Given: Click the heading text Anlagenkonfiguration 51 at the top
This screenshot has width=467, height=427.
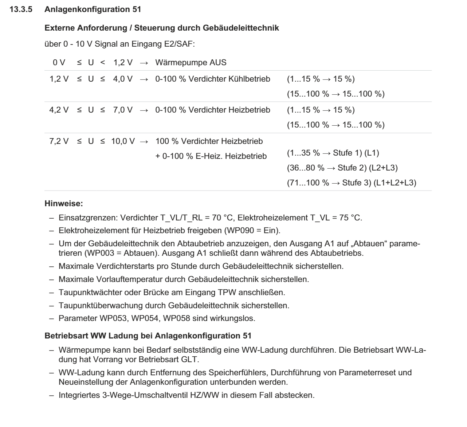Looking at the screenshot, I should pyautogui.click(x=93, y=10).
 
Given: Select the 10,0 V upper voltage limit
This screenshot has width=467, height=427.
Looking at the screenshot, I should pyautogui.click(x=123, y=141).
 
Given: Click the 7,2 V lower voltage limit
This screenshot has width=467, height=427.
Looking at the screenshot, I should pyautogui.click(x=59, y=141).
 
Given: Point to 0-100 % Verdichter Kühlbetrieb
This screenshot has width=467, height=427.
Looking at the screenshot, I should pyautogui.click(x=213, y=79).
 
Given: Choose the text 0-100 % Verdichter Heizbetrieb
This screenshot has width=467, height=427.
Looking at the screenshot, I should pyautogui.click(x=213, y=110).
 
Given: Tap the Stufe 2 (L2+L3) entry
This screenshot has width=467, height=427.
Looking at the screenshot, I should pyautogui.click(x=342, y=168).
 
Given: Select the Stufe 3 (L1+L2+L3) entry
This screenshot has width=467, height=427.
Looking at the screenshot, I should pyautogui.click(x=351, y=183).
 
